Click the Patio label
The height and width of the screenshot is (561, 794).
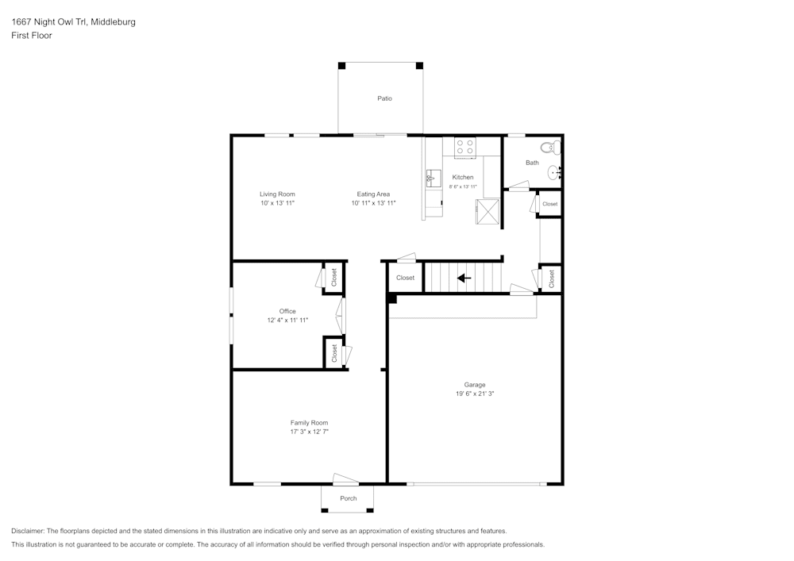click(384, 98)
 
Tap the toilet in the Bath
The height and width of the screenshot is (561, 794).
click(550, 148)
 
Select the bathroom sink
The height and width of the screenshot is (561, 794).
click(554, 174)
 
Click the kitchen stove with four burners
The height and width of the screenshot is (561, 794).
click(464, 148)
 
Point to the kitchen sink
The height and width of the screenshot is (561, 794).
click(433, 179)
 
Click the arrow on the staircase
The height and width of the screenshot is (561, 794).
click(464, 278)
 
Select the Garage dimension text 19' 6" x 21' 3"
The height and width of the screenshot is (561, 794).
click(475, 394)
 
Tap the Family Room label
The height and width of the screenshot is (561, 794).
click(309, 423)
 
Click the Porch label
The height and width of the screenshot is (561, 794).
click(349, 499)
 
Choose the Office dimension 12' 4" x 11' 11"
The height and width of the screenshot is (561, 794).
click(287, 321)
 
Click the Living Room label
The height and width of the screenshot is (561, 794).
click(277, 194)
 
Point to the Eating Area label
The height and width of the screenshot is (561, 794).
click(373, 194)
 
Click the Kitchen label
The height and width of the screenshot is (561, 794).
click(463, 178)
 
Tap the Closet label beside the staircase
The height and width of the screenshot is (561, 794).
click(405, 278)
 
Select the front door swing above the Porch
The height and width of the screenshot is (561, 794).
click(346, 478)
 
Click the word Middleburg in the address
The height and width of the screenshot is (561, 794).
click(113, 21)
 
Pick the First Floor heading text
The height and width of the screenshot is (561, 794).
click(32, 36)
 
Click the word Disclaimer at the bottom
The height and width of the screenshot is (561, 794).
click(28, 531)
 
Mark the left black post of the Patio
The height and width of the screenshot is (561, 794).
click(341, 66)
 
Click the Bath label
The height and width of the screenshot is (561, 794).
click(532, 163)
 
